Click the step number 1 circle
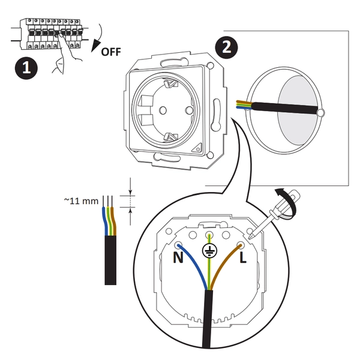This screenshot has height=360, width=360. pyautogui.click(x=25, y=68)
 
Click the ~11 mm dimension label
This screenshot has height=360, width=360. pyautogui.click(x=80, y=200)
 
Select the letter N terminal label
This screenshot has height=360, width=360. pyautogui.click(x=178, y=259)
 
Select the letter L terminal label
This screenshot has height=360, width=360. pyautogui.click(x=244, y=259)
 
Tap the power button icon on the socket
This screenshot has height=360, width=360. pyautogui.click(x=198, y=147)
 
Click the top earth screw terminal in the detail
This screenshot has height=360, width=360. pyautogui.click(x=209, y=235)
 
